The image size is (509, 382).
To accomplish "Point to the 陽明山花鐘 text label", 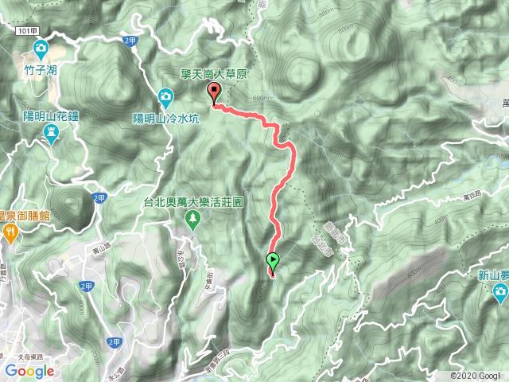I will [x=50, y=115].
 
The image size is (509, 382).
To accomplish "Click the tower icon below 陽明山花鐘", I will [x=50, y=133].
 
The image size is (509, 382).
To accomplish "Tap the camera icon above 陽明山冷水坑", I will [x=165, y=99].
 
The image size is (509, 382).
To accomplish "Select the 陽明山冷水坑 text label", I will [x=165, y=119].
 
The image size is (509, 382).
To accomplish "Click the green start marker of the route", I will [x=273, y=260].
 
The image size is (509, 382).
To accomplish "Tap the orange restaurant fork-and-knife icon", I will [x=9, y=232].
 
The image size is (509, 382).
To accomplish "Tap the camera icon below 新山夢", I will [x=499, y=294].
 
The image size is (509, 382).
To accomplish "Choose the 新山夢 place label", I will [x=493, y=275].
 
